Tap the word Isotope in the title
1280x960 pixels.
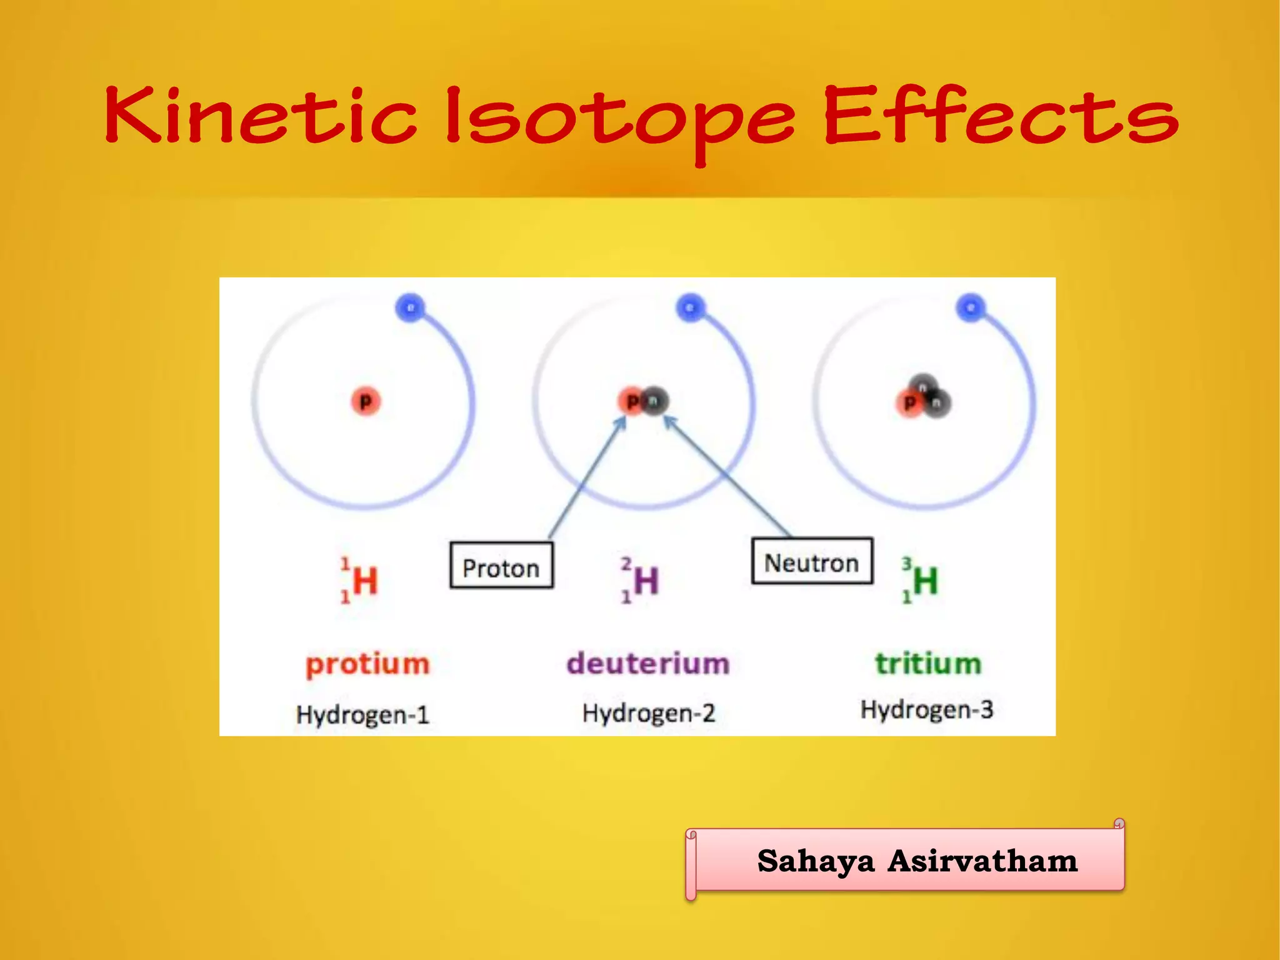(x=619, y=119)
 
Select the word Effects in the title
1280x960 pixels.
(x=1000, y=116)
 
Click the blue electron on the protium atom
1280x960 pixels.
(x=410, y=307)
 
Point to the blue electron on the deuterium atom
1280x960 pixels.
(x=690, y=307)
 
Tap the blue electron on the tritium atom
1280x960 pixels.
(x=970, y=307)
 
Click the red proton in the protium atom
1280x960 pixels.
(x=366, y=401)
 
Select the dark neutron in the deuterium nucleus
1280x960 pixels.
(x=654, y=401)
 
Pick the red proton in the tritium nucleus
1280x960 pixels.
(x=909, y=403)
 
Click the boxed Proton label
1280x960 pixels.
(x=501, y=566)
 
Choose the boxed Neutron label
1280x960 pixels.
(x=811, y=561)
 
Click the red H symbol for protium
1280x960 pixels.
(x=365, y=581)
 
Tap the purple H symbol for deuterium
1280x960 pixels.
(x=646, y=581)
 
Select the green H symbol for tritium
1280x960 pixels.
(x=926, y=581)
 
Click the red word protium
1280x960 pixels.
(x=367, y=664)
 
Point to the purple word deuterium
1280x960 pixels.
(x=648, y=663)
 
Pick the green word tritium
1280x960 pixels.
(x=928, y=663)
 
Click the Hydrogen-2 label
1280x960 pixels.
(x=648, y=713)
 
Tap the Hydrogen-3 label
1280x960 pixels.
(x=927, y=709)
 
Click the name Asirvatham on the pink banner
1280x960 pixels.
(x=982, y=861)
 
